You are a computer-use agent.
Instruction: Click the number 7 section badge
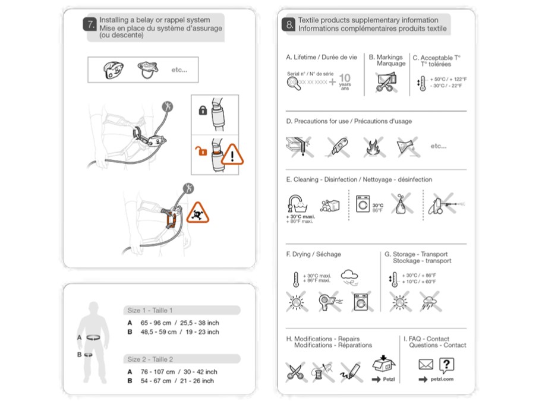tap(90, 25)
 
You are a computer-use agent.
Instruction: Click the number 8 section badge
tap(289, 25)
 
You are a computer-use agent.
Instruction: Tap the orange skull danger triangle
tap(198, 212)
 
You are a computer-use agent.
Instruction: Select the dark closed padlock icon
tap(202, 110)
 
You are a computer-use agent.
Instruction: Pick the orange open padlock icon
tap(202, 153)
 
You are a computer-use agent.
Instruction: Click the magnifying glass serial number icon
tap(293, 84)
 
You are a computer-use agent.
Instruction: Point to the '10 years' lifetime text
tap(345, 81)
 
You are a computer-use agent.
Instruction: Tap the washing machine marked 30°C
tap(363, 204)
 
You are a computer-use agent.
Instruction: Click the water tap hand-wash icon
tap(296, 203)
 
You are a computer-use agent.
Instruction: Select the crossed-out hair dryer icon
tap(327, 302)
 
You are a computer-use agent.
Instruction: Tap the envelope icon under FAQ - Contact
tap(425, 365)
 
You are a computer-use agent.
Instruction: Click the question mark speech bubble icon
tap(446, 364)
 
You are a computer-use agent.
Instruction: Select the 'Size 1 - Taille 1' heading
tap(150, 310)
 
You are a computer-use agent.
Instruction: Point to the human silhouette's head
tap(92, 309)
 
